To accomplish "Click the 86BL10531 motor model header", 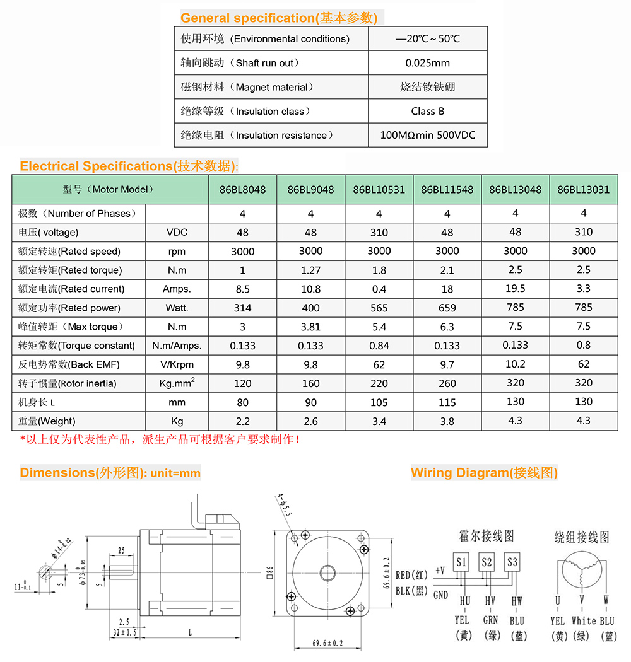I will pos(379,189).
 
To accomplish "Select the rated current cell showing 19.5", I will pos(516,289).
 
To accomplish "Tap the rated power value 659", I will pos(447,308).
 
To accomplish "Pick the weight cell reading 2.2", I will pos(242,421).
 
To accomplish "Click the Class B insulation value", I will pos(427,111).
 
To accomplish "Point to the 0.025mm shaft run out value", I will pos(427,62).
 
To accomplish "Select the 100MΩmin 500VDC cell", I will pos(427,135).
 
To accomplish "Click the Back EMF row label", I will pos(69,364).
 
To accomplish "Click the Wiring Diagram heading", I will pos(484,472).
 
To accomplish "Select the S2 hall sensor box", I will pos(487,561).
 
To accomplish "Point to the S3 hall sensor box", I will pos(512,561).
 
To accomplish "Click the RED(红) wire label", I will pos(412,575).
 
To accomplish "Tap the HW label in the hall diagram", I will pos(517,601).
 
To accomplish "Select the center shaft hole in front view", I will pos(327,572).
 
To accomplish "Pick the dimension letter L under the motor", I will pos(191,631).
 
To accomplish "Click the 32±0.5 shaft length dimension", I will pos(126,632).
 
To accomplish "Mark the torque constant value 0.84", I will pos(379,346).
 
